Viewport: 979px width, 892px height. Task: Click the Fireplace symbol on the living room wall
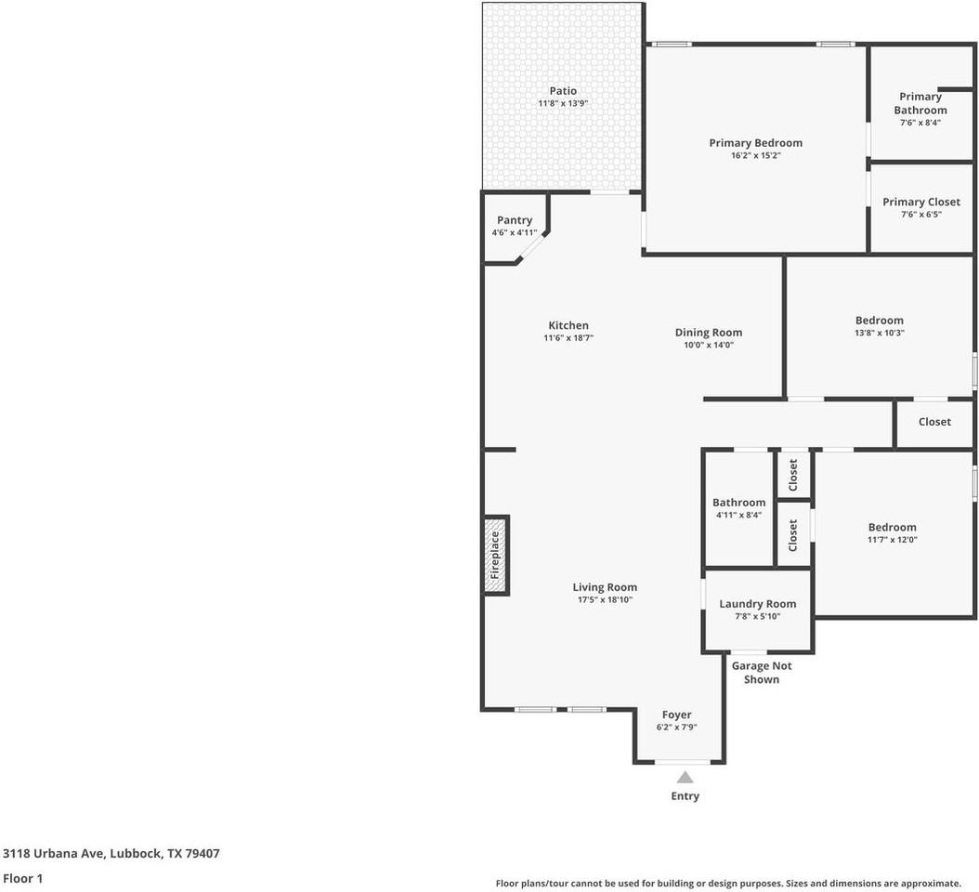[496, 556]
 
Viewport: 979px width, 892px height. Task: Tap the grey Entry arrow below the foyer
[685, 777]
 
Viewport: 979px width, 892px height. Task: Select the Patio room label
[563, 91]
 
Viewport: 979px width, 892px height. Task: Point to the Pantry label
[515, 220]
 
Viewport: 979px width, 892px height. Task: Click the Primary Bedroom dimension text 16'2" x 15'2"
[755, 155]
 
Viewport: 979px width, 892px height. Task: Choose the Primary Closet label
[920, 203]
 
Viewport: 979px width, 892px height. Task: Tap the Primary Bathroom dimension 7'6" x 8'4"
[920, 123]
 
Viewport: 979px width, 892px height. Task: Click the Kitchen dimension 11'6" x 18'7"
[568, 338]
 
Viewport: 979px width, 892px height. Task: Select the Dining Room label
[709, 333]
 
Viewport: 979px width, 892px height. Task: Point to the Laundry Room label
[757, 604]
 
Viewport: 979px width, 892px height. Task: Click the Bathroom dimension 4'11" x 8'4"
[738, 516]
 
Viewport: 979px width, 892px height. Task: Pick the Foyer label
[677, 715]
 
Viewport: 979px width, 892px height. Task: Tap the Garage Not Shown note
[762, 673]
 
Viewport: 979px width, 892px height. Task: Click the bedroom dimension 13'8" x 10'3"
[879, 333]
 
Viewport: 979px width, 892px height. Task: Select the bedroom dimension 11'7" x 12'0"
[893, 540]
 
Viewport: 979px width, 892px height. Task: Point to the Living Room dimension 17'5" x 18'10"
[605, 599]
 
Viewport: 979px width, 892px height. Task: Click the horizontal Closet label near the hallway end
[934, 422]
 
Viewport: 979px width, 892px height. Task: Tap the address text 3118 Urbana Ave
[53, 853]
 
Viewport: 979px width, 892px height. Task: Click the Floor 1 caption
[22, 878]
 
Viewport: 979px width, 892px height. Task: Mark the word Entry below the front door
[685, 796]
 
